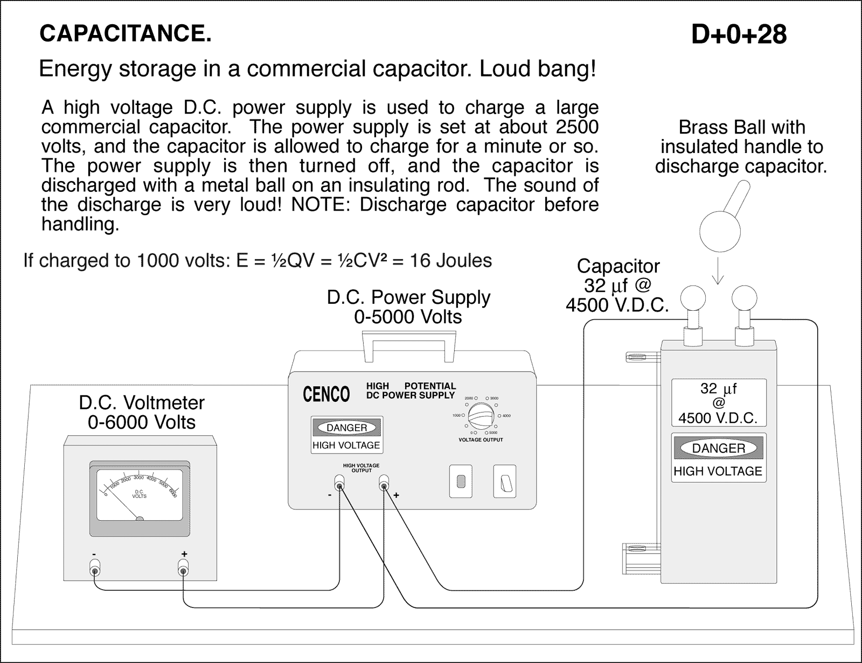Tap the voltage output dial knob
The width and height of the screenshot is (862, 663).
481,416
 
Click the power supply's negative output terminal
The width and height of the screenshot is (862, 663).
339,486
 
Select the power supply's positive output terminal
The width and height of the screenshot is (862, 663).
384,486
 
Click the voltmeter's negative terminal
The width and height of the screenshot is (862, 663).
95,569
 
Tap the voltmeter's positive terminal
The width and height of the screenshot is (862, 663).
183,569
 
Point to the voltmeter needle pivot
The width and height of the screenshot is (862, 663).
140,520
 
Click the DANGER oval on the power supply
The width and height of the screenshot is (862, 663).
347,428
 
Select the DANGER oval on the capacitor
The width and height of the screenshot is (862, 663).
718,448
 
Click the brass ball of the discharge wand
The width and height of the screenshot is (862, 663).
719,232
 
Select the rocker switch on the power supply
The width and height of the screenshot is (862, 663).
505,481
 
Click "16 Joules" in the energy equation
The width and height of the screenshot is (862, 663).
451,261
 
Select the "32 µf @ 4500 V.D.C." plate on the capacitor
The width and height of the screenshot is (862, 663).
718,402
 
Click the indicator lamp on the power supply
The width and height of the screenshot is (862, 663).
461,481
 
